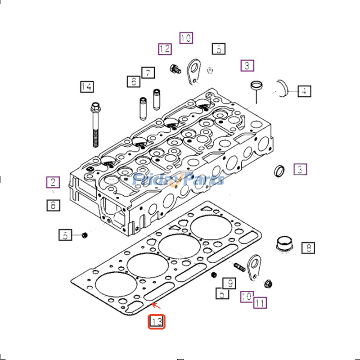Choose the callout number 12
click(165, 49)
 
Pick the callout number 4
click(304, 91)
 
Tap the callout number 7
click(147, 72)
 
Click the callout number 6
click(133, 81)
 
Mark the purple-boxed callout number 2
click(53, 182)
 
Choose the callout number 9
click(229, 283)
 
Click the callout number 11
click(259, 303)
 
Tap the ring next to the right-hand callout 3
click(279, 171)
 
